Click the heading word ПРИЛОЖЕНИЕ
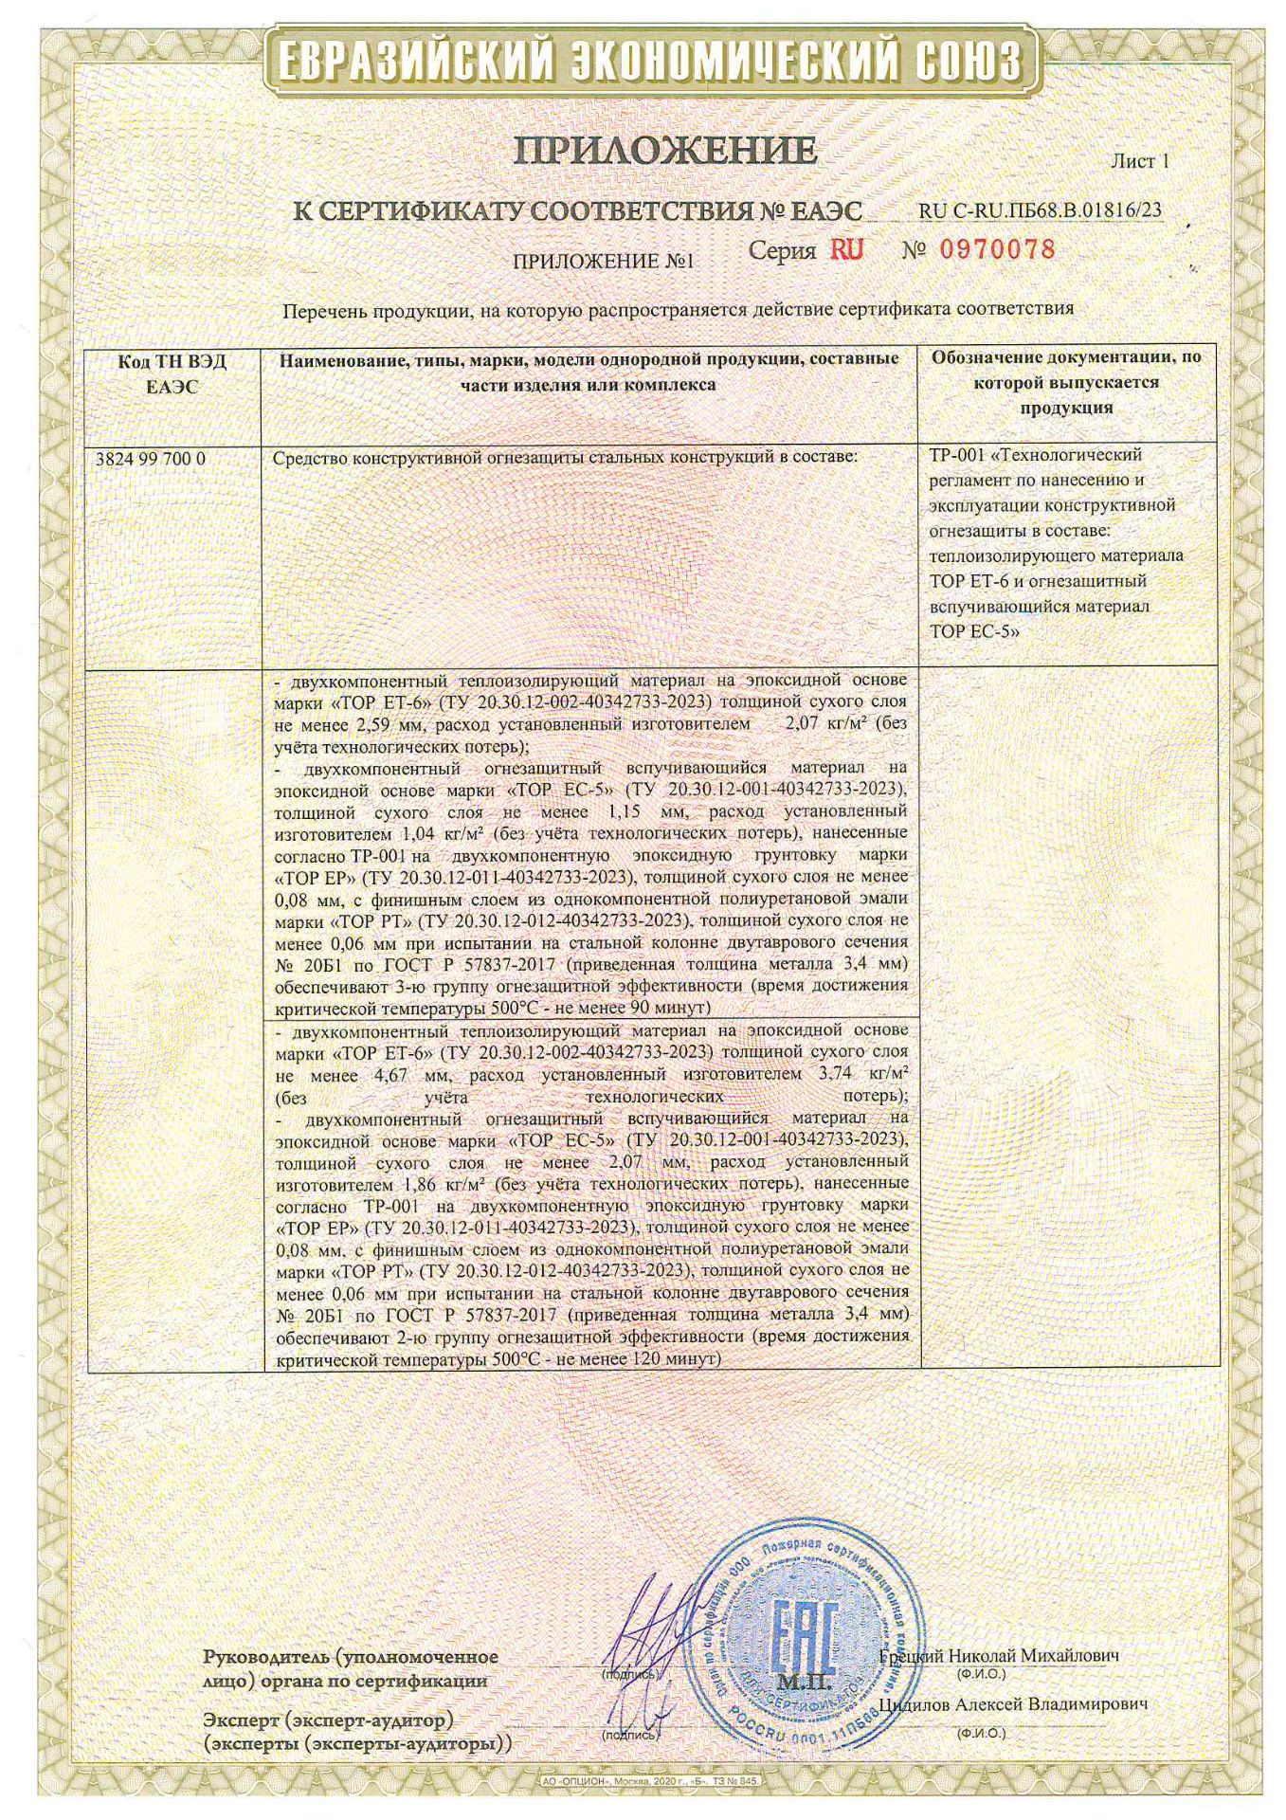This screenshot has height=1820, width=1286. click(x=665, y=151)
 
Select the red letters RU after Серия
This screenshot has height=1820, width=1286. click(x=846, y=250)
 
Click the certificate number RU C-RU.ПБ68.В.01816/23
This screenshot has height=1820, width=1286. click(x=1041, y=210)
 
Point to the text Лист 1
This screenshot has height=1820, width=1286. click(x=1139, y=161)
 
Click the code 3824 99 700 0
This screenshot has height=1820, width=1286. click(x=152, y=459)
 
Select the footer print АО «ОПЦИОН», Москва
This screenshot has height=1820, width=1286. click(x=616, y=1782)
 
